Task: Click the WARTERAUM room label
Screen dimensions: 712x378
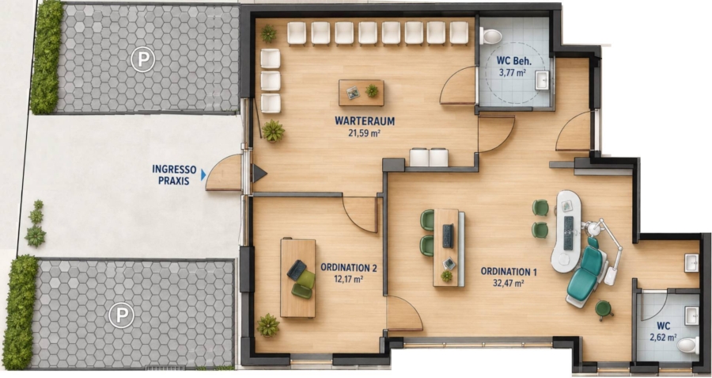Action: pos(365,121)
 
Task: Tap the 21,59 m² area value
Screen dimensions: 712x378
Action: pos(364,133)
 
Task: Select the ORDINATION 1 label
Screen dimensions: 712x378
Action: pos(509,272)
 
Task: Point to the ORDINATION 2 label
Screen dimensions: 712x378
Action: pos(349,268)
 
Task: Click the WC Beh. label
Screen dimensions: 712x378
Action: pos(513,61)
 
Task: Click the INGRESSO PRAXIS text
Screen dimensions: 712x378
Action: pos(174,175)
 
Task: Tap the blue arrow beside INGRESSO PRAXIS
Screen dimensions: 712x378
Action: pos(203,175)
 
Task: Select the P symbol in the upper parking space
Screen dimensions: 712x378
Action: pos(142,59)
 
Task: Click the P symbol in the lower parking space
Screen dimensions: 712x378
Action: pos(121,315)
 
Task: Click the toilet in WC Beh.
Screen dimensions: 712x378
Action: pos(490,36)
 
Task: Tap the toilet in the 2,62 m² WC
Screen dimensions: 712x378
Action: pos(688,346)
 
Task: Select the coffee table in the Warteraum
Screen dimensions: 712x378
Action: pos(362,93)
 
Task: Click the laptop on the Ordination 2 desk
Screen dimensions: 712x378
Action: pos(297,269)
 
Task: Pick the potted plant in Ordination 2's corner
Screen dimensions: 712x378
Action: pos(268,325)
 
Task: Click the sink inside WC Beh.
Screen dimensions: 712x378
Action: pos(542,81)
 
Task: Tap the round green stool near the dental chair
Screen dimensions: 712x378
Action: pos(603,309)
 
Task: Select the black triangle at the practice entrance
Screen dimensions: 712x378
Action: pos(259,174)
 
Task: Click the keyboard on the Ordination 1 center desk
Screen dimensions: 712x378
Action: pos(448,236)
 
